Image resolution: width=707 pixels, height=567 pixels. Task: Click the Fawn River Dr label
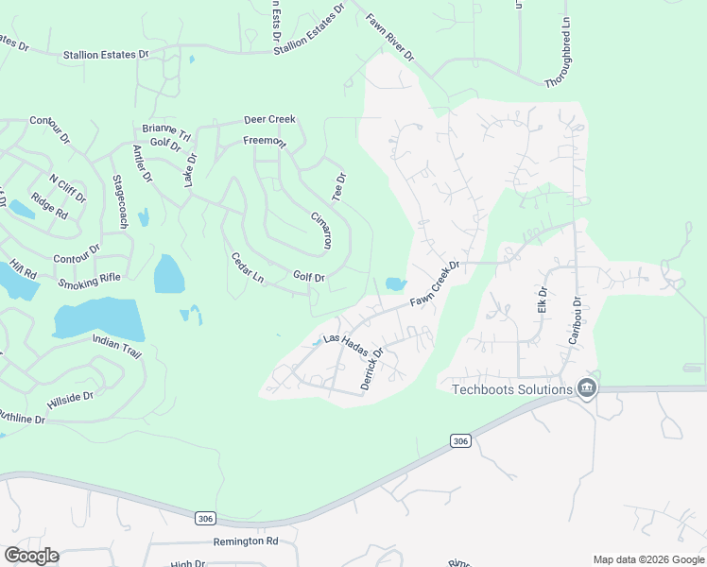coord(390,37)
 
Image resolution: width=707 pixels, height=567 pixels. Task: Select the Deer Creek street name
coord(269,120)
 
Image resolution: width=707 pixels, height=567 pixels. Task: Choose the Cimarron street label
coord(321,231)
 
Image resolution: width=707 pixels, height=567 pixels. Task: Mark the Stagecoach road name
coord(120,201)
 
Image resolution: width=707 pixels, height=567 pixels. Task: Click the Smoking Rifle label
coord(90,279)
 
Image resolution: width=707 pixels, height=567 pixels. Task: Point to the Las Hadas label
coord(344,337)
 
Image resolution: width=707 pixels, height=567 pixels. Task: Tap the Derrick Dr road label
coord(371,369)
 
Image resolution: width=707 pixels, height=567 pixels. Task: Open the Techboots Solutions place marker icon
coord(586,389)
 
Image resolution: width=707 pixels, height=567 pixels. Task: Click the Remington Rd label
coord(245,541)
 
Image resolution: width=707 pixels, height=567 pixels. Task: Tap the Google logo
coord(31,556)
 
